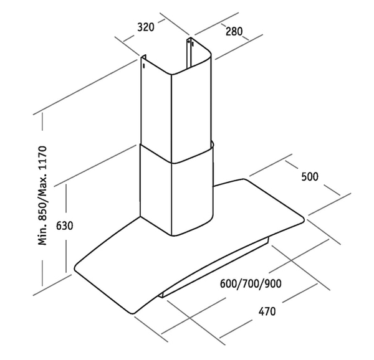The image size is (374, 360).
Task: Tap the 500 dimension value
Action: (x=309, y=176)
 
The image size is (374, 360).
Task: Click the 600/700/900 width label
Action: (x=251, y=284)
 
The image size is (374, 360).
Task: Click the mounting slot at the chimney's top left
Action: (x=143, y=64)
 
